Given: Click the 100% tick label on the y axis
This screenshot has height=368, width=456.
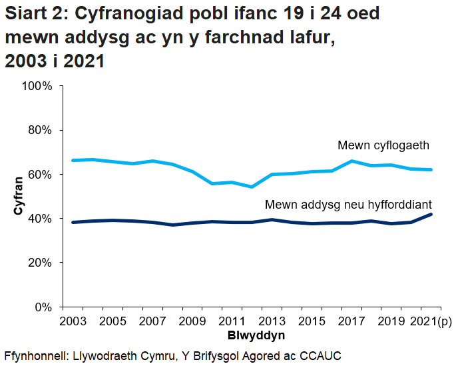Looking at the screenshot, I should click(37, 86).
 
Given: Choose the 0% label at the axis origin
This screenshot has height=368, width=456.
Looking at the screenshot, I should click(43, 307).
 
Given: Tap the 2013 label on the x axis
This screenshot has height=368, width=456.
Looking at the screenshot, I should click(272, 321).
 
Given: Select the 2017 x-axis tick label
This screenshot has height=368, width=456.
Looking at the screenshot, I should click(352, 321).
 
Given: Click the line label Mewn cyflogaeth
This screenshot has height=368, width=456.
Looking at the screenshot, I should click(383, 145).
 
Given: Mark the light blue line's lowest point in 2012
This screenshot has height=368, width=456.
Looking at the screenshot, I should click(252, 187).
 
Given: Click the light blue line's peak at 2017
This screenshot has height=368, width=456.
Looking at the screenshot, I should click(351, 161).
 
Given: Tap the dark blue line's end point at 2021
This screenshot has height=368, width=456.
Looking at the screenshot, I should click(431, 214).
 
